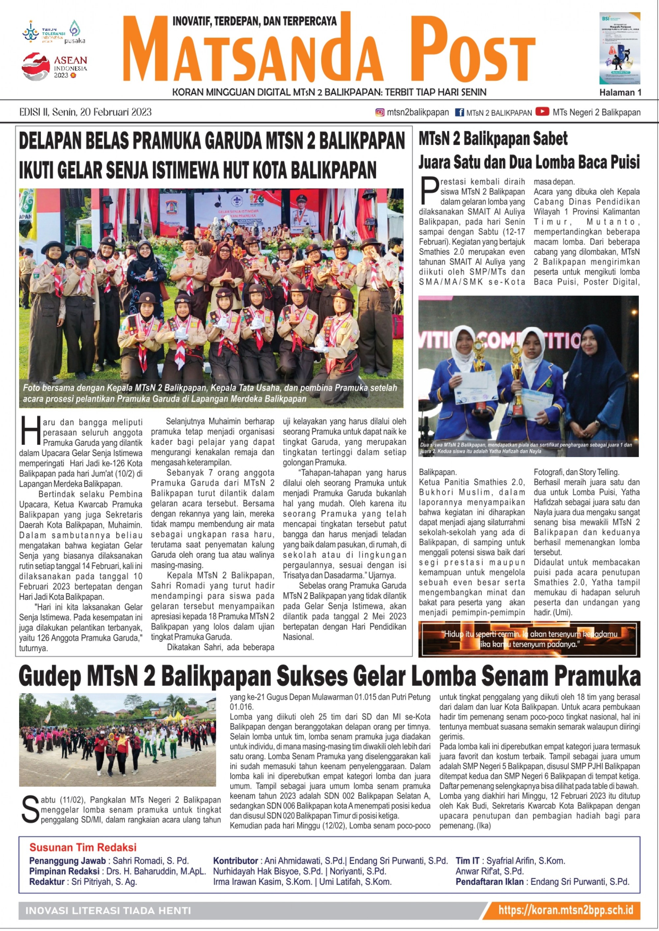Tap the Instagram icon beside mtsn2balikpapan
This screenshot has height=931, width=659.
click(x=380, y=112)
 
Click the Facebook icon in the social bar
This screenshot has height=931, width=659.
click(x=459, y=112)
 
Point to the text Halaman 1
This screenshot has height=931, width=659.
click(x=620, y=93)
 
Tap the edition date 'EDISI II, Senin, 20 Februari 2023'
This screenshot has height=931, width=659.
click(x=86, y=112)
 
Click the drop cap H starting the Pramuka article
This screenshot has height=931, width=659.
click(x=30, y=431)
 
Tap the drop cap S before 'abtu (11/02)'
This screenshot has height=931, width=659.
click(x=29, y=810)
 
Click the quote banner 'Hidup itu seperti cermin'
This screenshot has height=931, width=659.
click(x=529, y=639)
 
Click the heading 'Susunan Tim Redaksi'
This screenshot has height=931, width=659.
click(x=83, y=847)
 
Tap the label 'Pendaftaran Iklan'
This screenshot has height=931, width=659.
click(x=489, y=882)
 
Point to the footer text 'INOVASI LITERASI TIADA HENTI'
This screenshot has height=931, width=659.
click(x=108, y=911)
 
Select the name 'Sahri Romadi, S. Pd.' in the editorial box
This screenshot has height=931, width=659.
click(x=151, y=860)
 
